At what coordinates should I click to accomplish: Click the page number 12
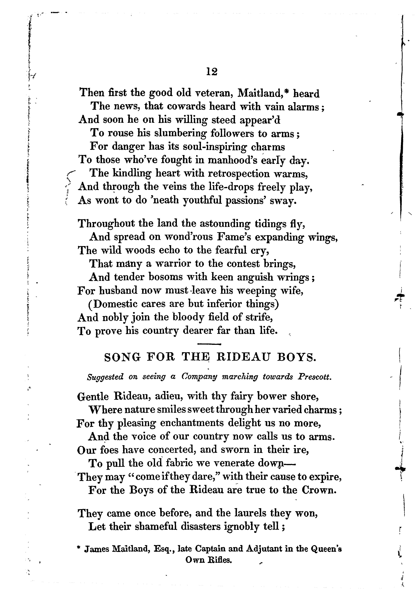[x=212, y=72]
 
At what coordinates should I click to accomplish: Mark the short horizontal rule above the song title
[x=209, y=344]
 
